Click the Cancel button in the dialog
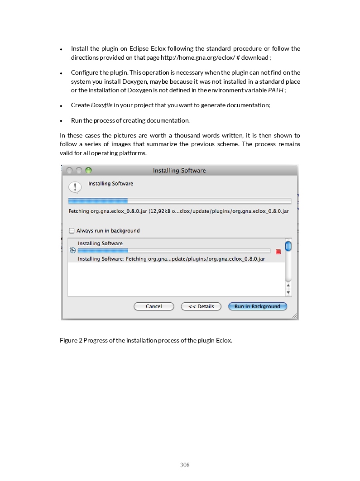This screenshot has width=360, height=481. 154,306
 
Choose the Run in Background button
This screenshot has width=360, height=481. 257,306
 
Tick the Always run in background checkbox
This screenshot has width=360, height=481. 72,230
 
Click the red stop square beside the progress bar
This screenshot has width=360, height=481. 278,252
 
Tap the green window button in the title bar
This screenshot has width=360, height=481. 88,170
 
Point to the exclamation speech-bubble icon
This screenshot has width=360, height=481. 75,187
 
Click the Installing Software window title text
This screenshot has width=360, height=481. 179,171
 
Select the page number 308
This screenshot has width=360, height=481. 185,465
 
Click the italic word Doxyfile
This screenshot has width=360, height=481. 101,105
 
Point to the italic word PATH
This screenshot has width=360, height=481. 276,90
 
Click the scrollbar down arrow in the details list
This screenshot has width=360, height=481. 288,293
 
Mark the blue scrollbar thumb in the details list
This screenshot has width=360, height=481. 288,246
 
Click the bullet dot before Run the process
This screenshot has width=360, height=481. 61,121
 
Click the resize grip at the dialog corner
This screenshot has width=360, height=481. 294,316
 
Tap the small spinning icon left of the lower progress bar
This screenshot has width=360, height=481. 72,251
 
